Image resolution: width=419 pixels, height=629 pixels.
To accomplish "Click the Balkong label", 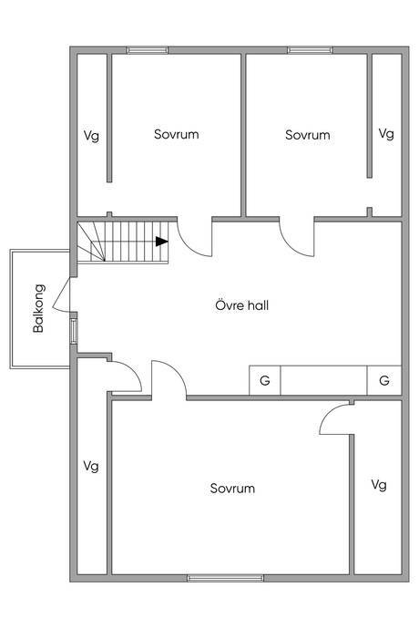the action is [38, 308].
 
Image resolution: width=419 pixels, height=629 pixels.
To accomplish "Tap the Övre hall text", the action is [241, 305].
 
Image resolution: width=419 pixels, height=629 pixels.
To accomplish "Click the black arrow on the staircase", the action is [161, 241].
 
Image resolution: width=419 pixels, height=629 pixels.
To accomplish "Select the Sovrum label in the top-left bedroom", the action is [177, 134].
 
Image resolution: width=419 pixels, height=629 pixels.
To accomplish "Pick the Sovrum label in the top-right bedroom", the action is [308, 135].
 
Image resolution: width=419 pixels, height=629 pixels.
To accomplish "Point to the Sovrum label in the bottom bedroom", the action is [232, 489].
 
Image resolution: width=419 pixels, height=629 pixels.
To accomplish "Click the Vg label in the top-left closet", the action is [91, 136].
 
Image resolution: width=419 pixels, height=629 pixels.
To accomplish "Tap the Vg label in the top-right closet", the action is [386, 133].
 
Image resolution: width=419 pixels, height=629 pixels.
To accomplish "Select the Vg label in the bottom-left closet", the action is [91, 466].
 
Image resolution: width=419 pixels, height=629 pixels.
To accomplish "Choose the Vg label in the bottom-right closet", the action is [379, 485].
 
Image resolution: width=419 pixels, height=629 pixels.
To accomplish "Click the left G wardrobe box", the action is [265, 380].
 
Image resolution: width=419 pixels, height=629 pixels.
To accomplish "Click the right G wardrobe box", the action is [384, 380].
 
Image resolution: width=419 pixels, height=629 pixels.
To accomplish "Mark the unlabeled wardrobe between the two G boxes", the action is [324, 380].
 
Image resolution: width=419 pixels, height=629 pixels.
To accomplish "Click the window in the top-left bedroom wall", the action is [148, 50].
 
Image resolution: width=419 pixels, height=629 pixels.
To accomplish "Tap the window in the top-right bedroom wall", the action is [310, 50].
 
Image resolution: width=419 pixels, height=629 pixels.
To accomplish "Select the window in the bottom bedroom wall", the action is [225, 578].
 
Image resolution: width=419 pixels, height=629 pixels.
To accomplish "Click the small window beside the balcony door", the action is [74, 331].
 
